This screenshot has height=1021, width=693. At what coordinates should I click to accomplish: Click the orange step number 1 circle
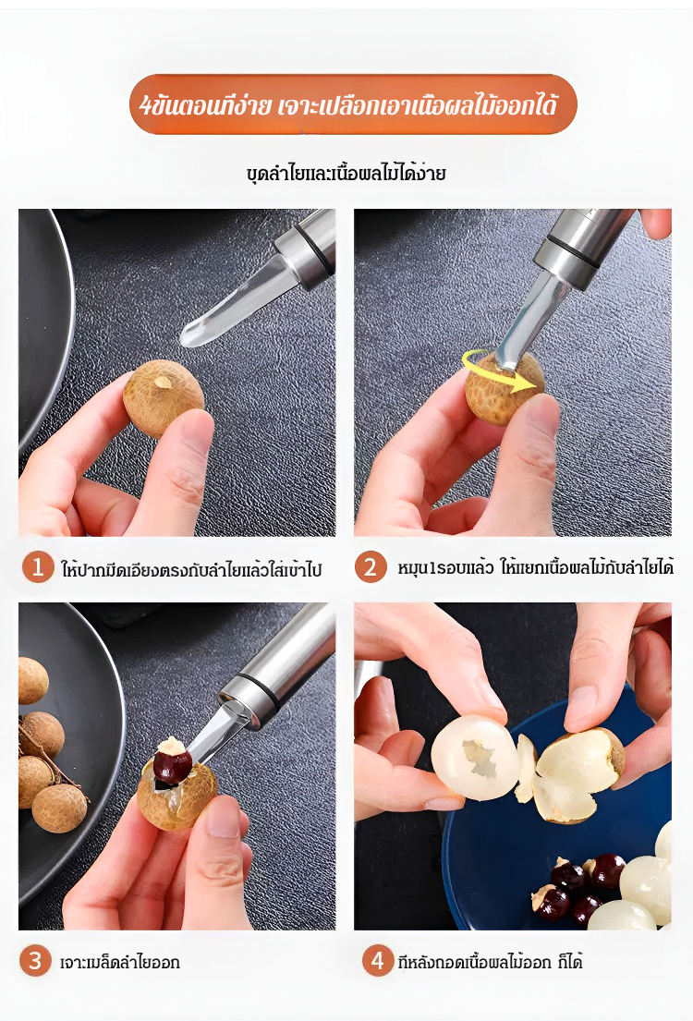(38, 566)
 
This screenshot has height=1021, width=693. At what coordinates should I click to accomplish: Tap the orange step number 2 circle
(371, 566)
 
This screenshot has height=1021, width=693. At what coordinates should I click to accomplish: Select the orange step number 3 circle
(35, 960)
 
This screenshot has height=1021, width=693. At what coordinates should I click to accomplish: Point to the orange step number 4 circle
(378, 960)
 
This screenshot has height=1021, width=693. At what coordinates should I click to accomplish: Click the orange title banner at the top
(354, 104)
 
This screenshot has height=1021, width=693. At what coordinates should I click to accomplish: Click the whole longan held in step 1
(163, 398)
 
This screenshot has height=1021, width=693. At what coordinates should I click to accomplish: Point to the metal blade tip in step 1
(185, 338)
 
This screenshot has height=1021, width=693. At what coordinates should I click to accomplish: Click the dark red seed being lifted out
(173, 765)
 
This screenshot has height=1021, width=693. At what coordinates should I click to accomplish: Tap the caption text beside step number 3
(120, 962)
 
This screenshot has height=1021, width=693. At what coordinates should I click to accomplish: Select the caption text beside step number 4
(490, 961)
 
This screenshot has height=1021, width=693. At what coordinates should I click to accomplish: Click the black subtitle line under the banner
(346, 173)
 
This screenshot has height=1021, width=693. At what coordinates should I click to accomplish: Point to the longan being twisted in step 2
(504, 389)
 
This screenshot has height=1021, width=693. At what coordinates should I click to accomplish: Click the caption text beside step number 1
(191, 569)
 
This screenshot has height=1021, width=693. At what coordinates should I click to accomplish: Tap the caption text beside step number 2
(535, 567)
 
